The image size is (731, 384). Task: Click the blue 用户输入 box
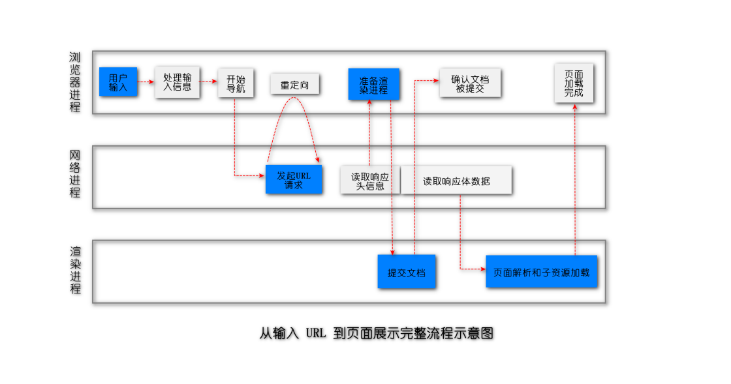pyautogui.click(x=118, y=82)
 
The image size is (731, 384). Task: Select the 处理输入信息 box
pyautogui.click(x=178, y=82)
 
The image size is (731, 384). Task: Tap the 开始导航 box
pyautogui.click(x=236, y=83)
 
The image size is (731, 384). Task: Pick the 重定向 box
pyautogui.click(x=295, y=85)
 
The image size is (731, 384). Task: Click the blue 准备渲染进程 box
pyautogui.click(x=373, y=85)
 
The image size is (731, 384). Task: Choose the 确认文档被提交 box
pyautogui.click(x=470, y=83)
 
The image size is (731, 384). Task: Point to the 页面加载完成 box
pyautogui.click(x=574, y=83)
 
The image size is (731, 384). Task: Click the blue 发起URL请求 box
pyautogui.click(x=294, y=180)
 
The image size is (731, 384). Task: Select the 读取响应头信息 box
pyautogui.click(x=370, y=181)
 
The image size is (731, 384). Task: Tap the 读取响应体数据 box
pyautogui.click(x=456, y=181)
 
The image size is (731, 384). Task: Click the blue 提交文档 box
pyautogui.click(x=407, y=272)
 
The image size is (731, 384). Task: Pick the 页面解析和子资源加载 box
pyautogui.click(x=541, y=272)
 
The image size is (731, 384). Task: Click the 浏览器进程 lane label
pyautogui.click(x=75, y=82)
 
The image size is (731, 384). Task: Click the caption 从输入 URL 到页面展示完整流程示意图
pyautogui.click(x=376, y=333)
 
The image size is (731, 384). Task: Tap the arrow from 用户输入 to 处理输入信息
pyautogui.click(x=146, y=82)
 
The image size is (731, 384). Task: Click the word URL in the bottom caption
pyautogui.click(x=316, y=333)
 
